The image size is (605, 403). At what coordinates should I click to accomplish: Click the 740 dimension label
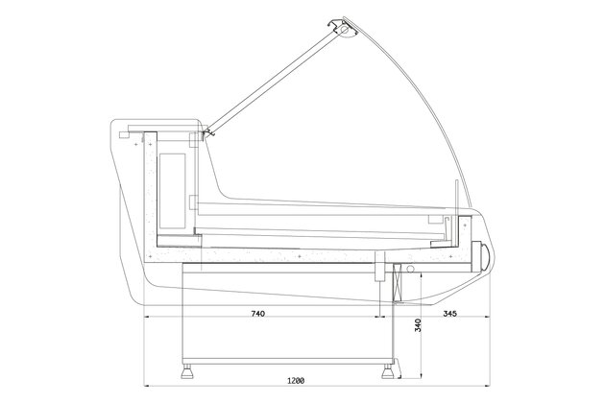tap(257, 314)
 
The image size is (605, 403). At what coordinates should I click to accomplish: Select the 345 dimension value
tap(449, 314)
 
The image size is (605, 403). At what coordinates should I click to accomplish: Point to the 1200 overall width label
tap(296, 381)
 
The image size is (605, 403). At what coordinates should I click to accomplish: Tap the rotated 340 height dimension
tap(418, 325)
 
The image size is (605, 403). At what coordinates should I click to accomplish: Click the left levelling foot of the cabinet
tap(187, 371)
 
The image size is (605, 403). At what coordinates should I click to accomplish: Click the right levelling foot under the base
tap(387, 371)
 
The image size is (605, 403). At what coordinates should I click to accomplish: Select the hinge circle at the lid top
tap(344, 30)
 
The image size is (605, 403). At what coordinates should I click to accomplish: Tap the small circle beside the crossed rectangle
tap(410, 269)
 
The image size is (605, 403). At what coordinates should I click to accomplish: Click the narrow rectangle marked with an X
tap(399, 283)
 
